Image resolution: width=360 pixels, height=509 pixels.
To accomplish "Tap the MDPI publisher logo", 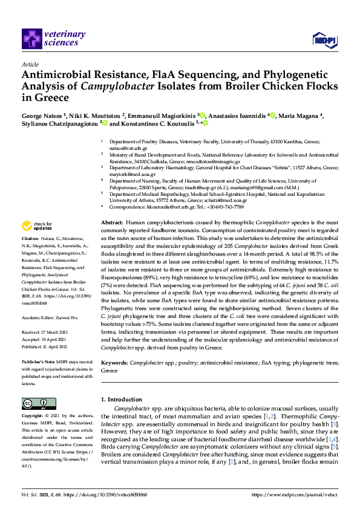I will tap(324, 40).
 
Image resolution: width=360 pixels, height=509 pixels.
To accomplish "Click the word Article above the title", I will tap(30, 63).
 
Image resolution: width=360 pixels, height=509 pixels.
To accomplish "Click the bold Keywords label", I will tap(114, 362).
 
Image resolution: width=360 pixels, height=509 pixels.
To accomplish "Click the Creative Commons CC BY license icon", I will tap(39, 404).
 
